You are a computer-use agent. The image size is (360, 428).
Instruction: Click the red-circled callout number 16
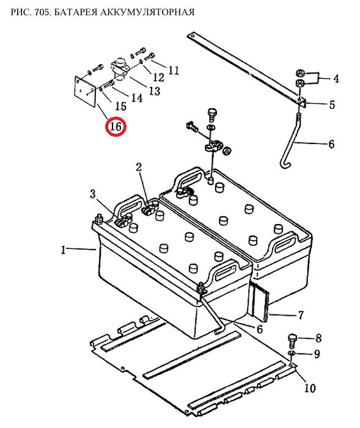click(116, 126)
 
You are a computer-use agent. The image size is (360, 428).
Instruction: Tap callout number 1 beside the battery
click(64, 250)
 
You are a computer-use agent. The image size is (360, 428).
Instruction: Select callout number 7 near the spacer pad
click(301, 315)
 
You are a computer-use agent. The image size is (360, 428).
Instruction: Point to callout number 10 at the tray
click(310, 388)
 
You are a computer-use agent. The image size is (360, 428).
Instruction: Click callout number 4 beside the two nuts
click(336, 79)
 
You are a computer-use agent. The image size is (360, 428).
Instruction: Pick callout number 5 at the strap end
click(332, 104)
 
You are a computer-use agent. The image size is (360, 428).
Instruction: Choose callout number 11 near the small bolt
click(174, 70)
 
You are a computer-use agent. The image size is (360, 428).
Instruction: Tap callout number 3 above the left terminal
click(93, 194)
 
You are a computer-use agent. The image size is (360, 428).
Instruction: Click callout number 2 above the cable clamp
click(139, 167)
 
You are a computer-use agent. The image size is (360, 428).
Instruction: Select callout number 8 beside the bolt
click(318, 338)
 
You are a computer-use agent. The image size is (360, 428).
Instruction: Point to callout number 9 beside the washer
click(317, 354)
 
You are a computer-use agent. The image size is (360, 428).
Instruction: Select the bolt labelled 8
click(292, 340)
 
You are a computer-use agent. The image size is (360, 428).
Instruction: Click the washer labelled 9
click(292, 354)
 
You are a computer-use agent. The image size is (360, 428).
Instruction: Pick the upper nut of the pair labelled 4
click(300, 73)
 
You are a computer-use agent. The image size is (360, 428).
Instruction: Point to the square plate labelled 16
click(85, 90)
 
